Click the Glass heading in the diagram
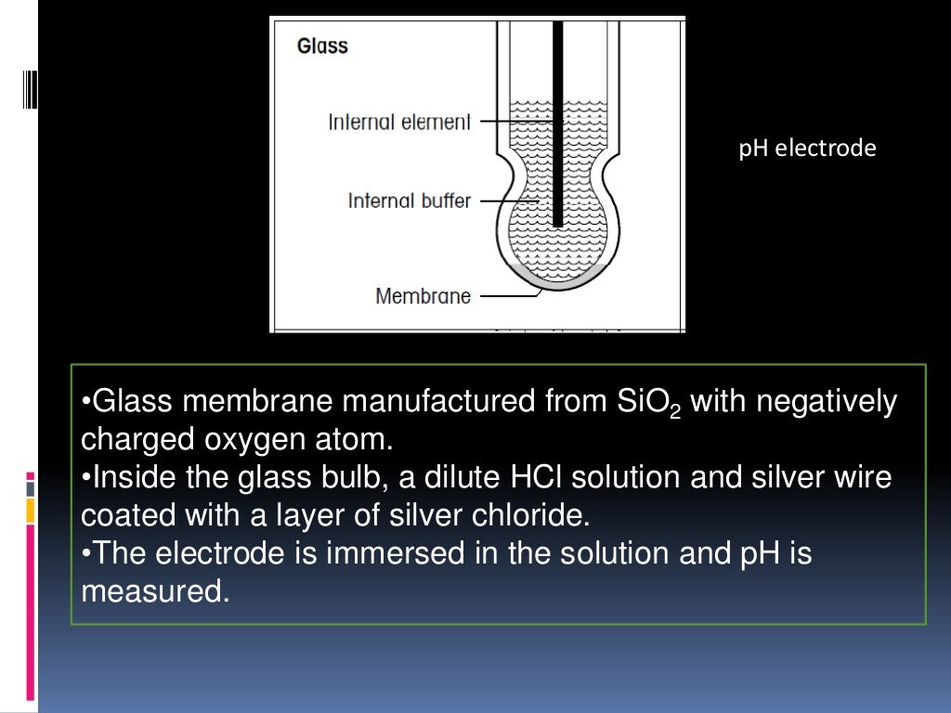(x=322, y=45)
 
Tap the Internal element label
(x=399, y=122)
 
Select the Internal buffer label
(x=409, y=200)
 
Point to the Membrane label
(x=423, y=296)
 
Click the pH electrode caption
(x=807, y=149)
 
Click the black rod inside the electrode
(x=558, y=121)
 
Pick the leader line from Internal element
(x=516, y=122)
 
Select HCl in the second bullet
(x=534, y=478)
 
